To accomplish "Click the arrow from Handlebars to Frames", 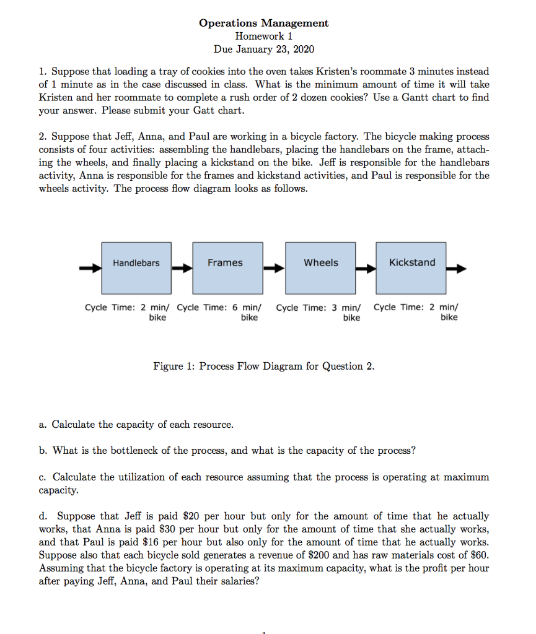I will coord(182,269).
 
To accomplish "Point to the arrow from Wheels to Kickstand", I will coord(365,269).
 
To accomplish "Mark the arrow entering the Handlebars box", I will coord(90,269).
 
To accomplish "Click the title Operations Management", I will coord(263,23).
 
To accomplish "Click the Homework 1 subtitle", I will coord(263,36).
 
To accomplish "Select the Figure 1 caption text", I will coord(263,366).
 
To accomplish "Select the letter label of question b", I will coord(42,450).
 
